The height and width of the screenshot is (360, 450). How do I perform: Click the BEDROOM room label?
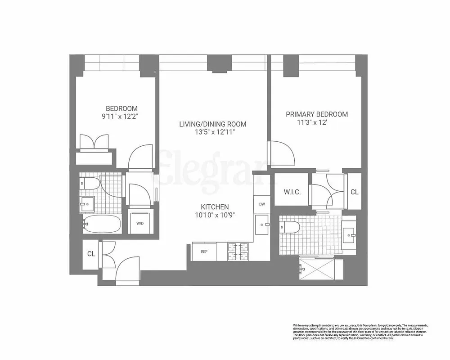click(121, 108)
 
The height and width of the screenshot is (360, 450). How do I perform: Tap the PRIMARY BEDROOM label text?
click(317, 114)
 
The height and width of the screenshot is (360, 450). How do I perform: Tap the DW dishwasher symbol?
click(261, 204)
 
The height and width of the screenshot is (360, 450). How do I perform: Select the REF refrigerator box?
click(204, 252)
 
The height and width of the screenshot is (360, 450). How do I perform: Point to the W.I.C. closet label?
click(292, 192)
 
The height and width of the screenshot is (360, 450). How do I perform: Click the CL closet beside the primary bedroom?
click(354, 192)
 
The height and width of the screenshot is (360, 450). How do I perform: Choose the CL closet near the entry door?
click(91, 254)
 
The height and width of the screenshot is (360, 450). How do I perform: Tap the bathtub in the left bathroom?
click(102, 223)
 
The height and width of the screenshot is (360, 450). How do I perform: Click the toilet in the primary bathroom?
click(288, 226)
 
